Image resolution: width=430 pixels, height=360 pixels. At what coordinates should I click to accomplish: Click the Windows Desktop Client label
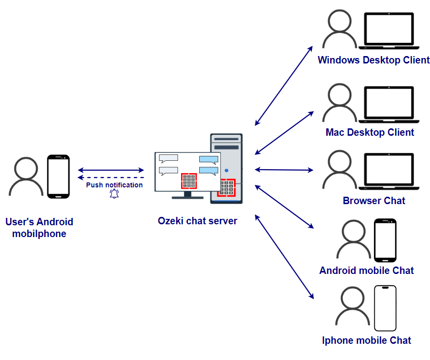[373, 60]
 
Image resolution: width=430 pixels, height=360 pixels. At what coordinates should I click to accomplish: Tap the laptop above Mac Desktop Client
[389, 104]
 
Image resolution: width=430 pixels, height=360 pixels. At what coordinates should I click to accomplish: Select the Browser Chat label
[374, 201]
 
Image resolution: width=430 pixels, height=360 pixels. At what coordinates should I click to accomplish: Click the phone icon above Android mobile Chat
[385, 240]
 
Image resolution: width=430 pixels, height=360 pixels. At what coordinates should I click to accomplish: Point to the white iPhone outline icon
[385, 308]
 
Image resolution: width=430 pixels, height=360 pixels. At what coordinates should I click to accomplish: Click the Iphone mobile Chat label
[367, 340]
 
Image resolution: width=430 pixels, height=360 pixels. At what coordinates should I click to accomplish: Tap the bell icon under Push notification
[114, 194]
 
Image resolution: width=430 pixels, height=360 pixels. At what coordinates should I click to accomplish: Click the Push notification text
[114, 185]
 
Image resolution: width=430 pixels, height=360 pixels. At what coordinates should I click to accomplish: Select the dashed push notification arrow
[111, 177]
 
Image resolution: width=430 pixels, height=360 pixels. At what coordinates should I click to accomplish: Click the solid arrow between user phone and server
[111, 170]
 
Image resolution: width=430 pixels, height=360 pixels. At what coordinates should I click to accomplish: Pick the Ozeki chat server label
[197, 221]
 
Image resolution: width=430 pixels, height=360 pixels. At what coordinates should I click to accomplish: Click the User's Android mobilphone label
[39, 228]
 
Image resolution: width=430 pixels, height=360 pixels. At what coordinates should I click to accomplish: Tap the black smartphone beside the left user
[58, 177]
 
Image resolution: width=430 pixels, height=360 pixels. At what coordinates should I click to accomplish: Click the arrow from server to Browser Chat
[284, 170]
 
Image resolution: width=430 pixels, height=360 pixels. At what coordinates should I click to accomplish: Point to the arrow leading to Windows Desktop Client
[284, 86]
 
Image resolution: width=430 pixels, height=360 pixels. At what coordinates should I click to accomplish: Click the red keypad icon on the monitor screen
[189, 180]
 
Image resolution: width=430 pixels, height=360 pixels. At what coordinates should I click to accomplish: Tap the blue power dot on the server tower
[226, 171]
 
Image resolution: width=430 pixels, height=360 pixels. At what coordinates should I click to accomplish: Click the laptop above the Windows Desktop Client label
[389, 31]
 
